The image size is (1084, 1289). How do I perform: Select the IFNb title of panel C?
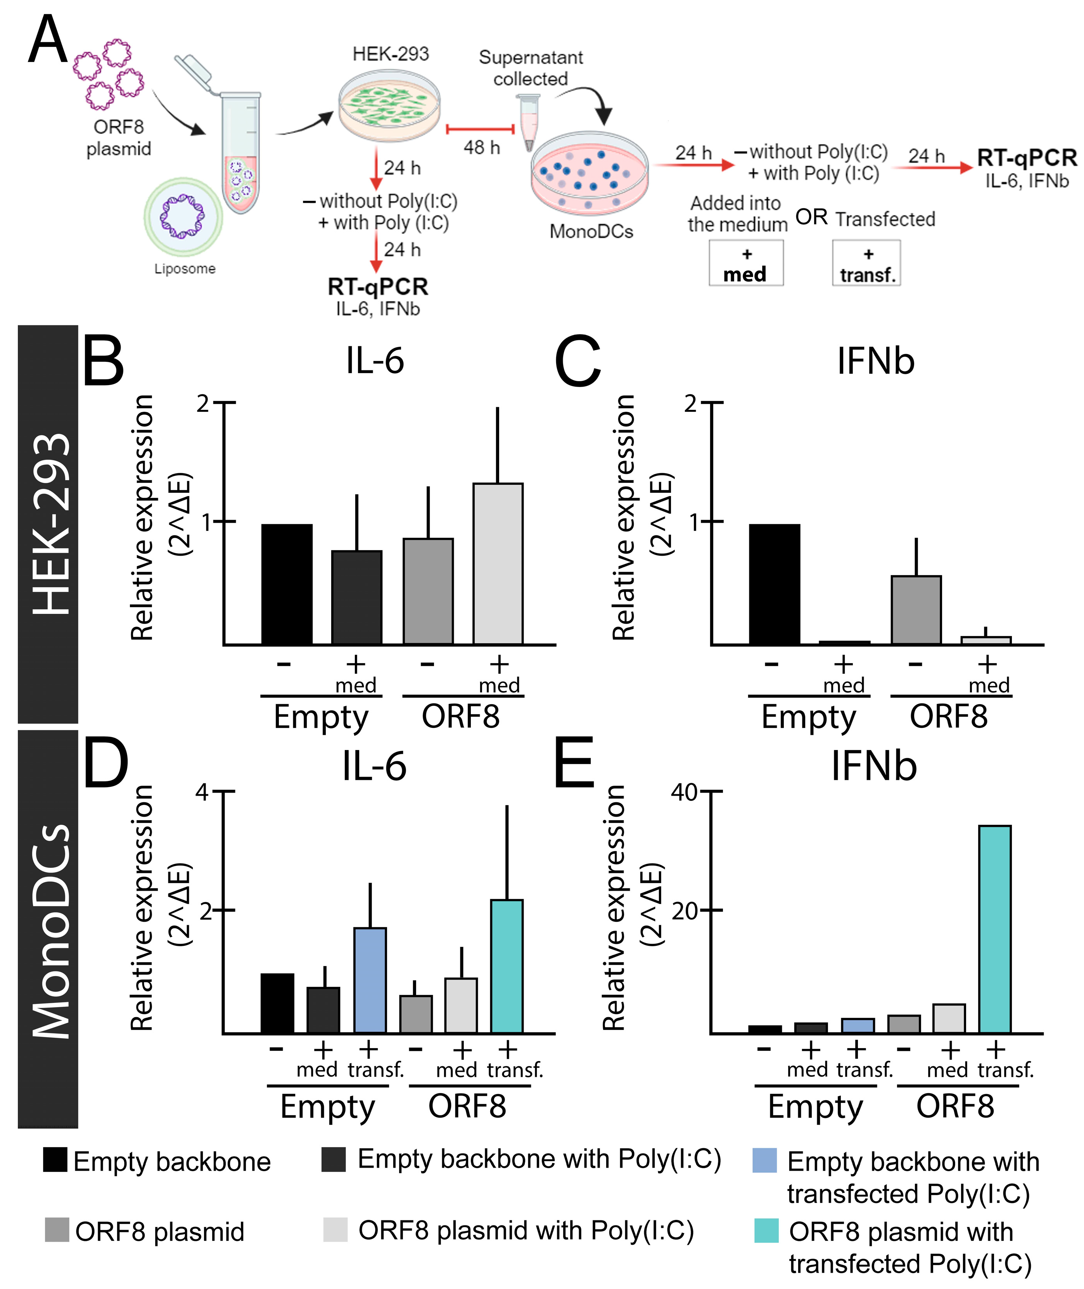click(x=875, y=361)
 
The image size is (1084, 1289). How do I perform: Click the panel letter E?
click(x=574, y=764)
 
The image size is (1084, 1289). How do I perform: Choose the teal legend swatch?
click(x=766, y=1230)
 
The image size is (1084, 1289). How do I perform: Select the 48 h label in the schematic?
click(x=481, y=147)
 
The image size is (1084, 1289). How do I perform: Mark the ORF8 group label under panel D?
click(x=467, y=1106)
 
